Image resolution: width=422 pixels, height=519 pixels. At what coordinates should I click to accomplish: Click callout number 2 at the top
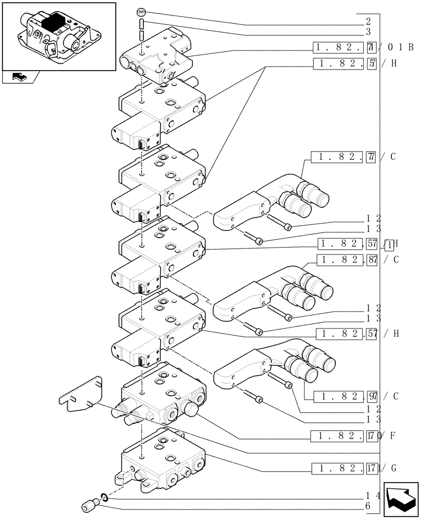368,22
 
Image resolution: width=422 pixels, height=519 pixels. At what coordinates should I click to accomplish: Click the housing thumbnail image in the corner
59,36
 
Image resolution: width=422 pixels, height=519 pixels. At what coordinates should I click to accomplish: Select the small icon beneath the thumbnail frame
20,78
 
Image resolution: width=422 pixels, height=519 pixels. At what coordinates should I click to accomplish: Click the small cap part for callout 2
141,12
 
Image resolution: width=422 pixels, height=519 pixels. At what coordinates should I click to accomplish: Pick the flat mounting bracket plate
83,395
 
